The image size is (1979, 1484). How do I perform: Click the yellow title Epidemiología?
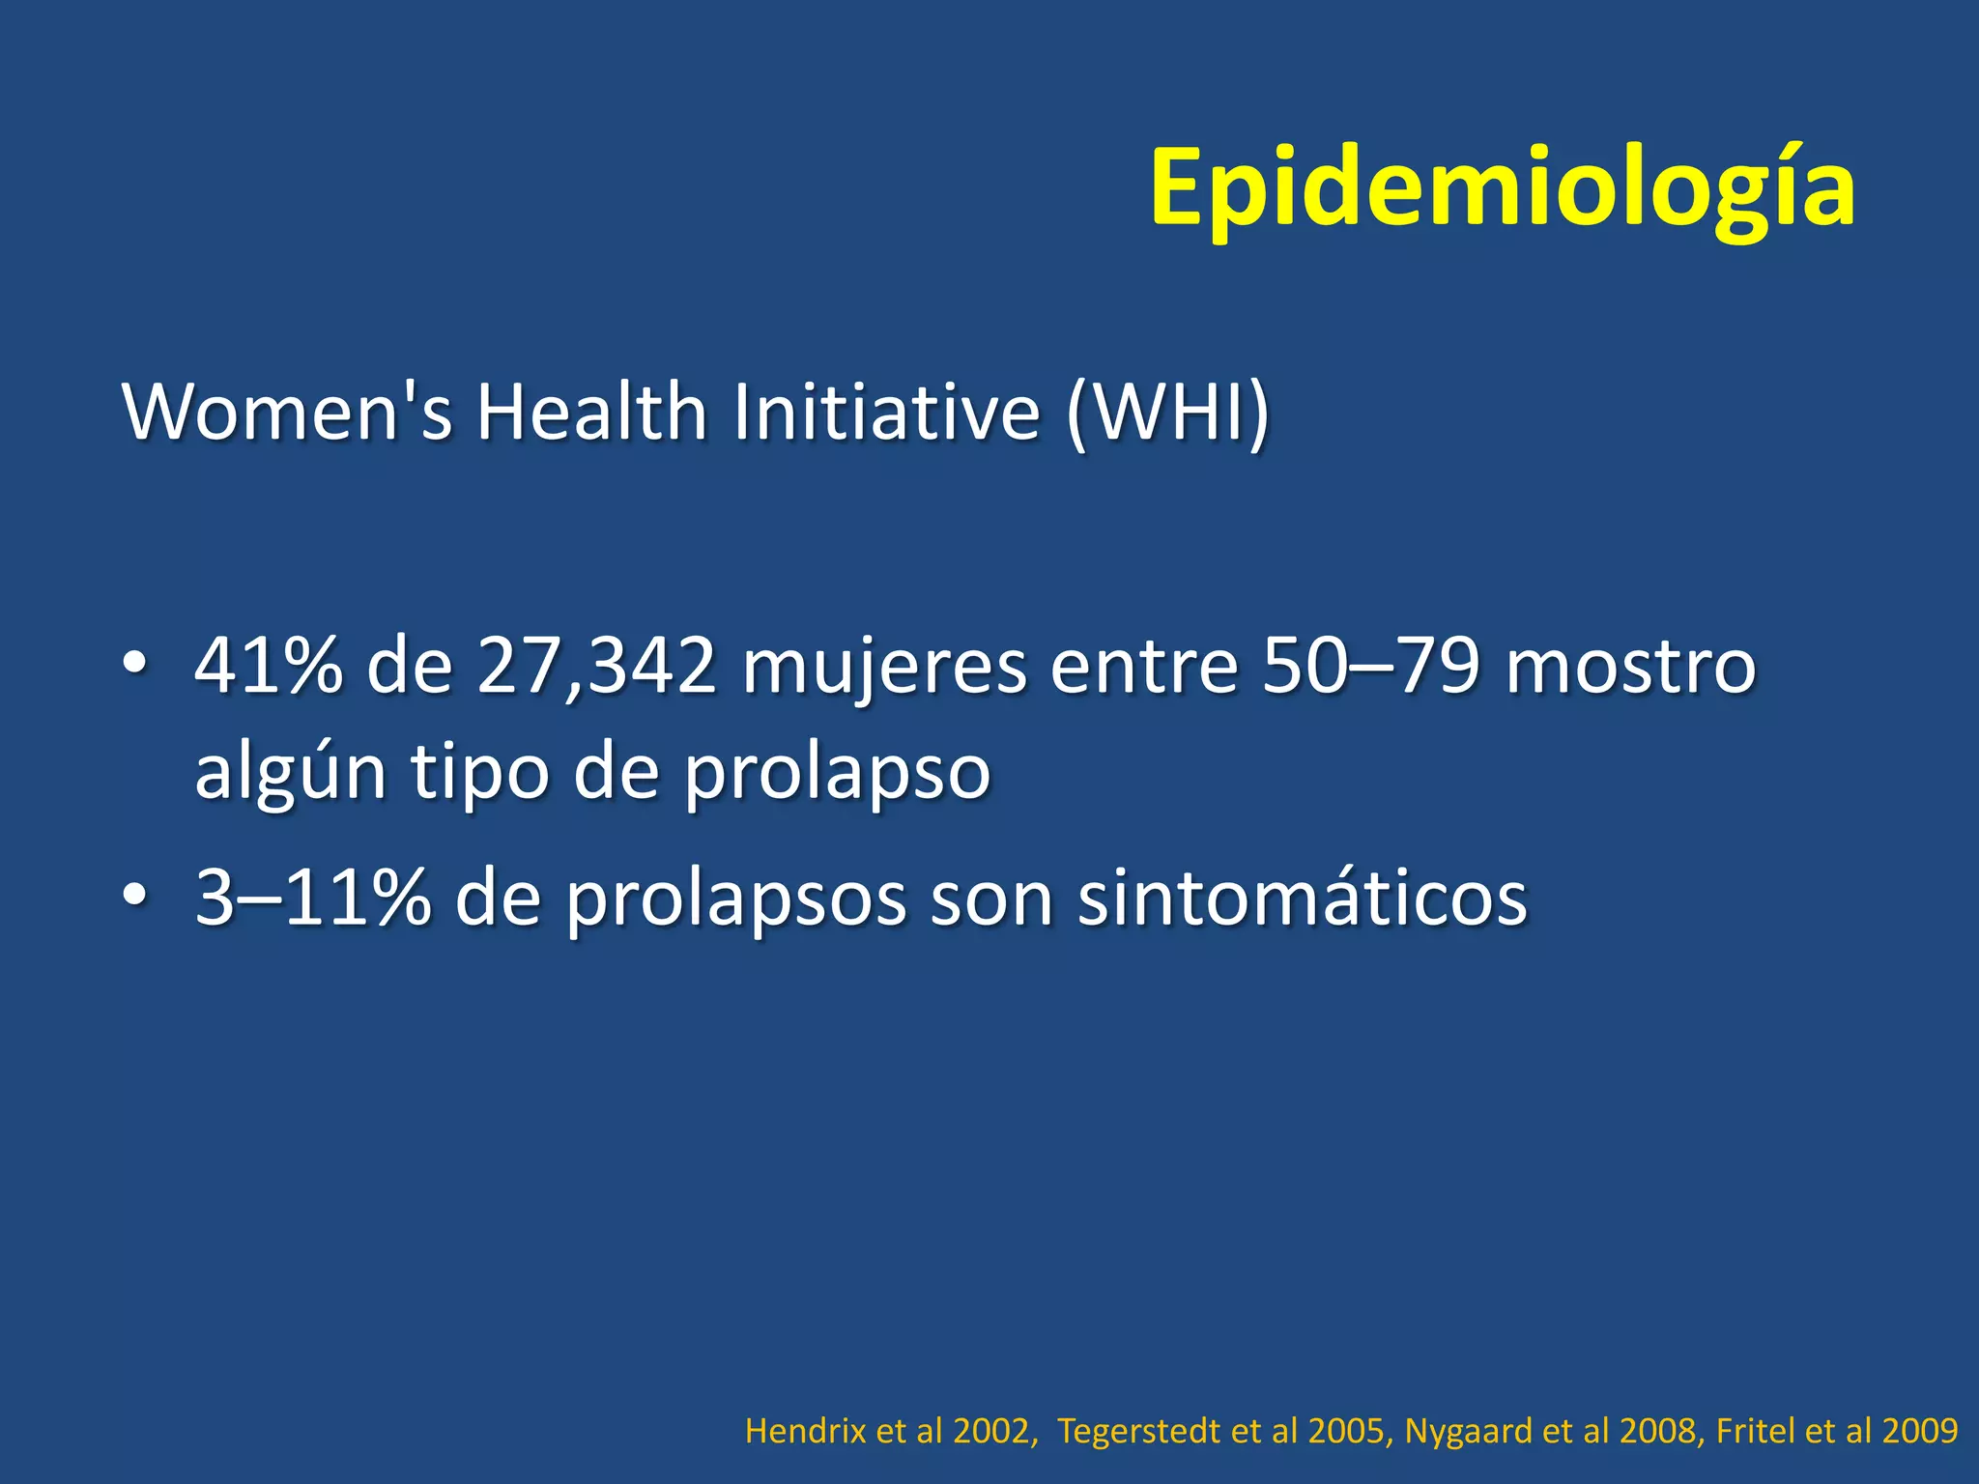[1502, 188]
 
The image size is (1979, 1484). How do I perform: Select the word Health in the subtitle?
[591, 413]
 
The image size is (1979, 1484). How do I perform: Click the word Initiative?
[886, 413]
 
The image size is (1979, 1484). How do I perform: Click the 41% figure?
[269, 667]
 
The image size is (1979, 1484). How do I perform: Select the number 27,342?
[596, 667]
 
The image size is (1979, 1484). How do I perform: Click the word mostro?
[1631, 667]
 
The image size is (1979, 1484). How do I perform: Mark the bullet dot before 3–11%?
[134, 896]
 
